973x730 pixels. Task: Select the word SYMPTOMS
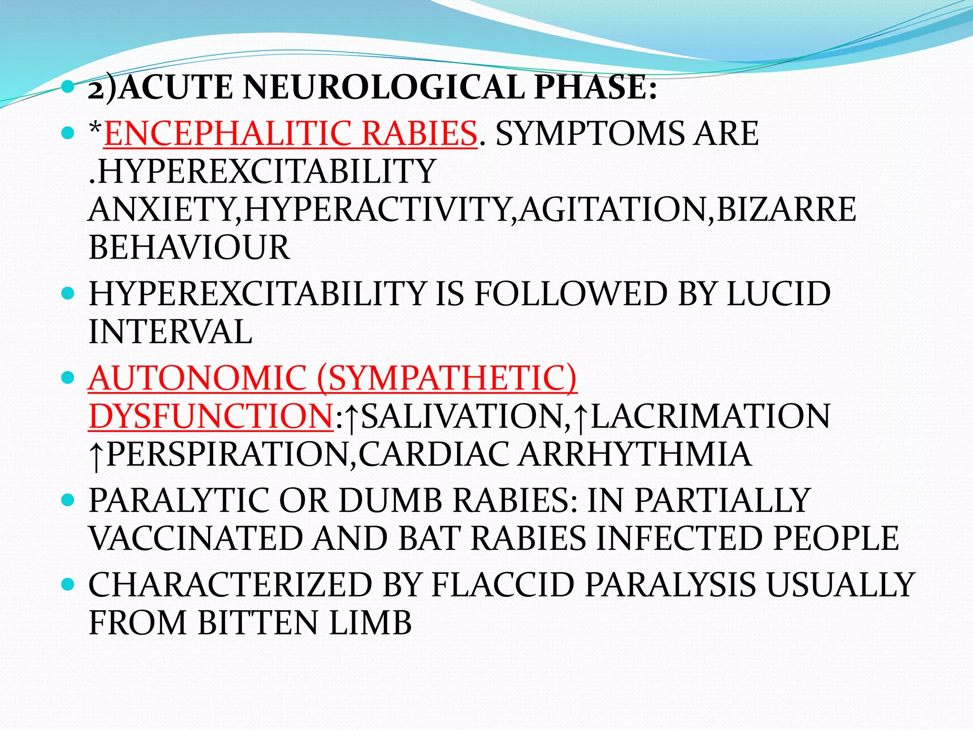coord(590,134)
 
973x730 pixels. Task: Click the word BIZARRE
coord(786,210)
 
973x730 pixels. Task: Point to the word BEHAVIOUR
coord(189,248)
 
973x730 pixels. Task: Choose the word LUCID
coord(779,294)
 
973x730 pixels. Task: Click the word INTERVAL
coord(170,332)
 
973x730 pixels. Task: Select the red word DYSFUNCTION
coord(210,416)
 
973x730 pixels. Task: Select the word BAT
coord(429,538)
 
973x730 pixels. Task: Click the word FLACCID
coord(503,585)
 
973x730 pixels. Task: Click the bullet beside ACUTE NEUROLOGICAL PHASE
coord(68,87)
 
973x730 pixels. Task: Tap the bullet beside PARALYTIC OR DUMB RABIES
coord(68,500)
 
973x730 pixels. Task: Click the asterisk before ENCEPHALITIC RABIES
coord(95,129)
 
